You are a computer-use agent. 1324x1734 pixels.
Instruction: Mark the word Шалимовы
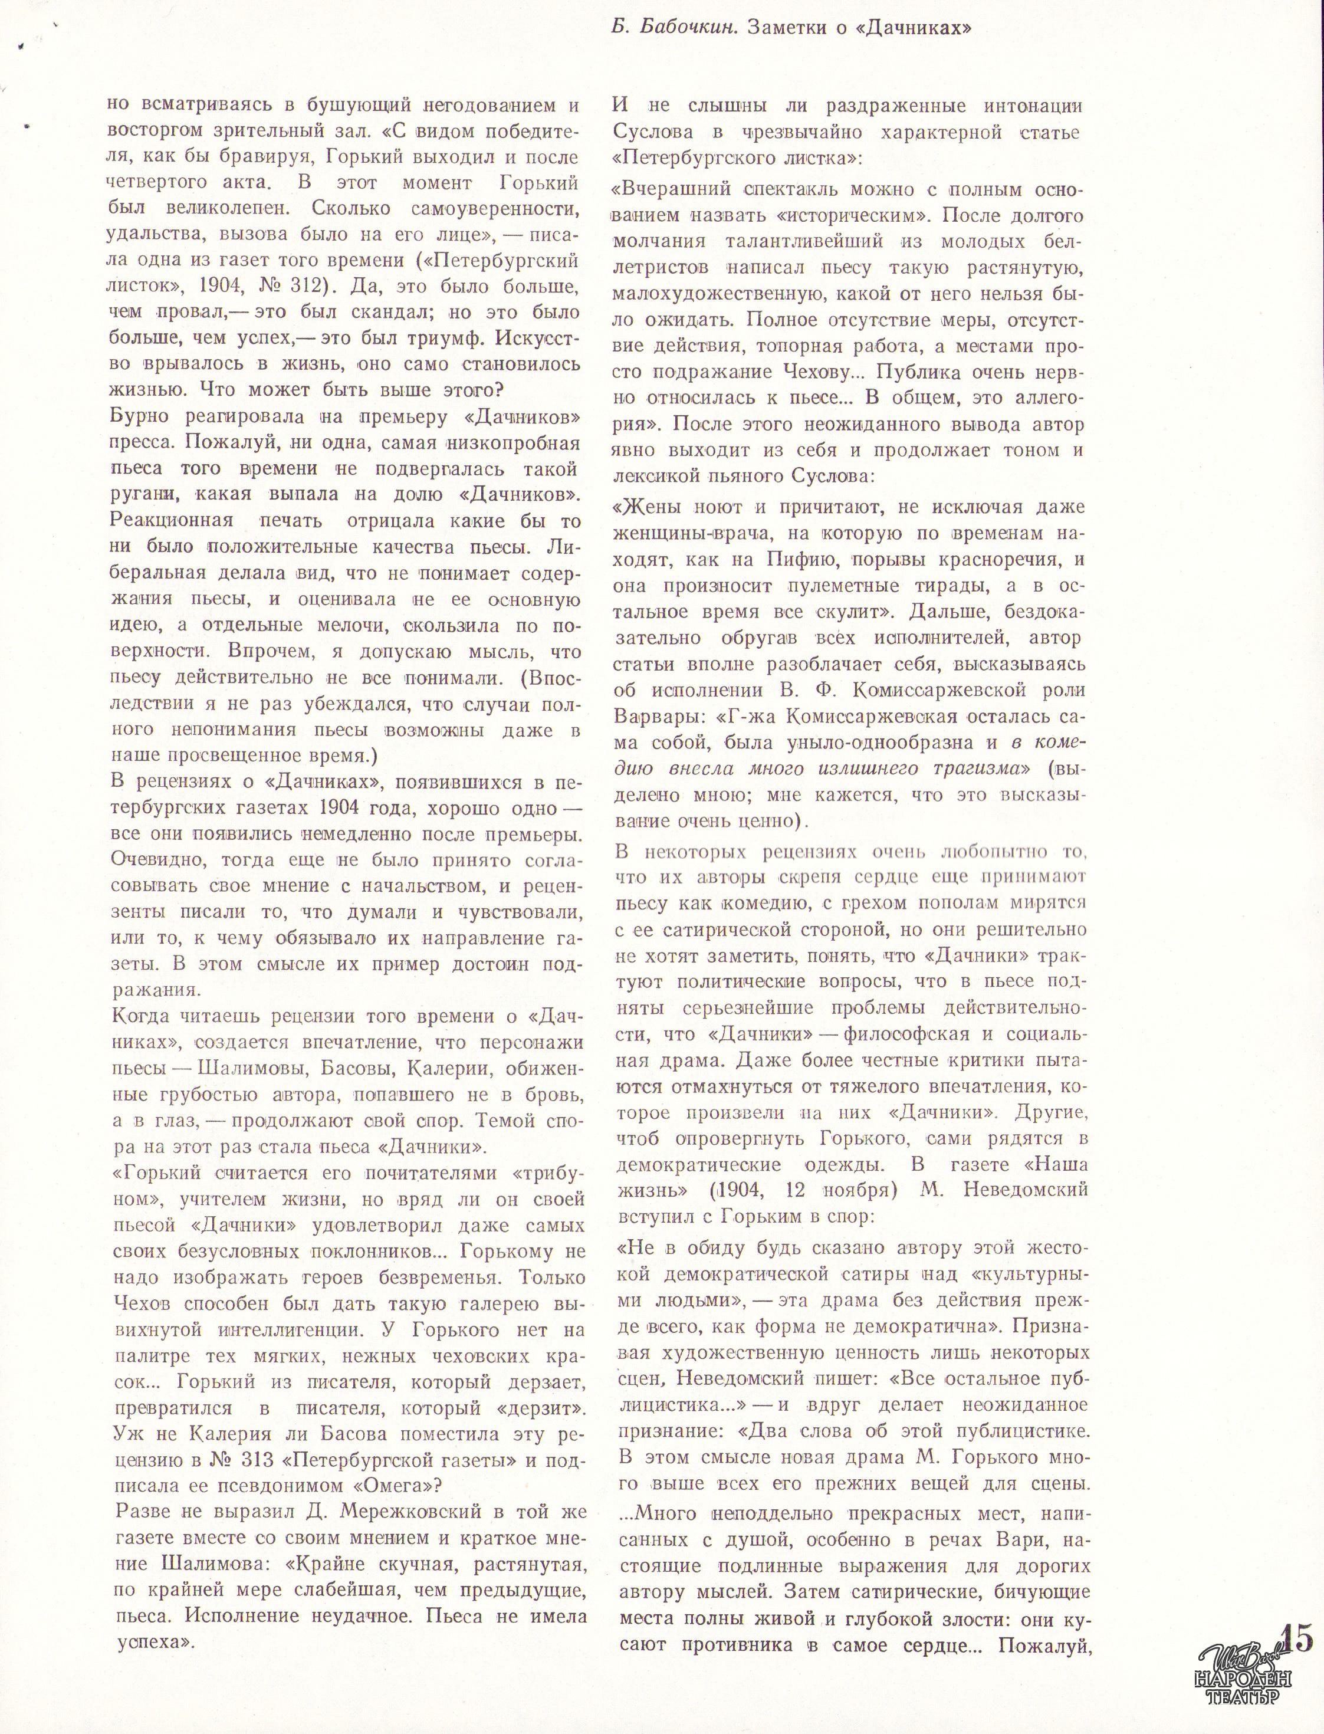click(x=248, y=1070)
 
